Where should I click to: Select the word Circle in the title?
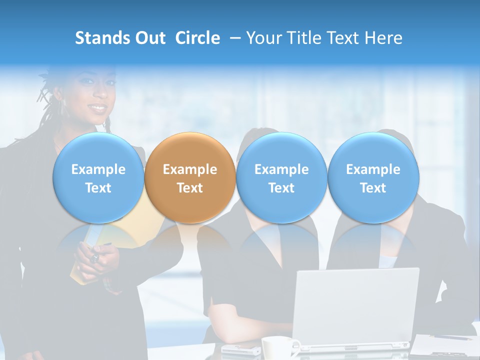coord(197,38)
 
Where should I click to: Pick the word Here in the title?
coord(383,38)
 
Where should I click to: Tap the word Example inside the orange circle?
coord(190,169)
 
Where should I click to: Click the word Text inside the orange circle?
coord(190,188)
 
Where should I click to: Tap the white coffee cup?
coord(277,347)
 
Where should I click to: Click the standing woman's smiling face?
coord(95,95)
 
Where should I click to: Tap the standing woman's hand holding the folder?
coord(100,257)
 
